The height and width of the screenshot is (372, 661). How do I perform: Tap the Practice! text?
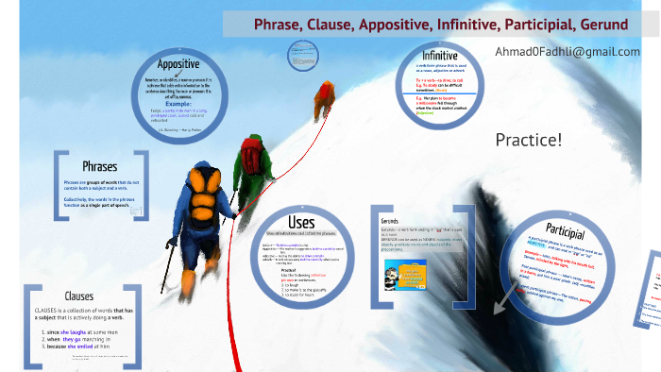528,140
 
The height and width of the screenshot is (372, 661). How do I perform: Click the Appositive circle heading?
184,64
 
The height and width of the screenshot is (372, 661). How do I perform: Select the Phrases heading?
99,166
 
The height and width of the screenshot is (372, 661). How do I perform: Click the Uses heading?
309,222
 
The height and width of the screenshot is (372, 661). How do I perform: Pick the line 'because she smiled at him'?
83,347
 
